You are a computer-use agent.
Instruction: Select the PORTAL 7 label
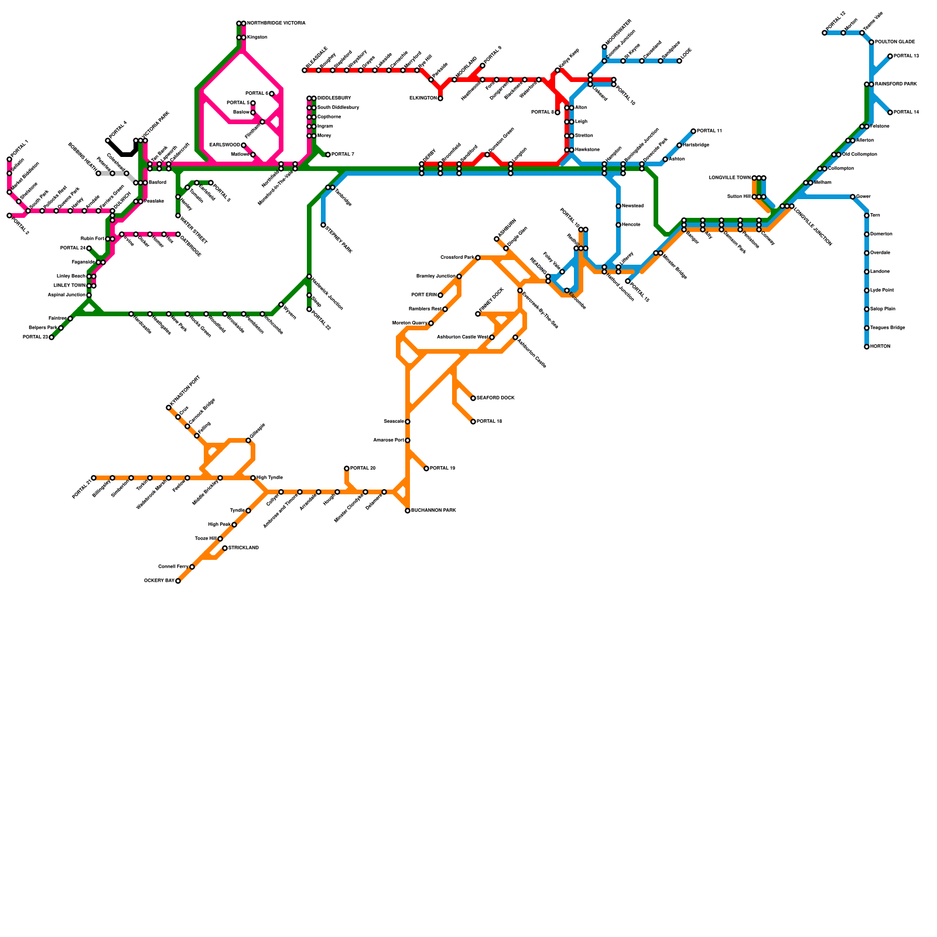click(343, 155)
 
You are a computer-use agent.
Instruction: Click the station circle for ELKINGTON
click(440, 98)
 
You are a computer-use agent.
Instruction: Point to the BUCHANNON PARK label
click(433, 511)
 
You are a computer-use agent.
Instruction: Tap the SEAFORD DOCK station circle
click(473, 398)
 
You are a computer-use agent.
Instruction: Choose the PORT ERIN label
click(424, 295)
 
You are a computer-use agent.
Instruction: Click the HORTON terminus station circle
click(867, 347)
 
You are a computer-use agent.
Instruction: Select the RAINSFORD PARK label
click(895, 84)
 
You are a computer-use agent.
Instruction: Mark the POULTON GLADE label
click(895, 42)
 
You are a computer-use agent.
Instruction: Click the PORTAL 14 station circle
click(890, 112)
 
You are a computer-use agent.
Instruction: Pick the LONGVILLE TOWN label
click(729, 177)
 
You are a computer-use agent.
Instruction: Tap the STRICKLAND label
click(244, 548)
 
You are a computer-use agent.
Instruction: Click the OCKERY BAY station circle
click(178, 581)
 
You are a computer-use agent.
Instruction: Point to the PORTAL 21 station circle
click(94, 478)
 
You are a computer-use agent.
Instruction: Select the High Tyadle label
click(270, 478)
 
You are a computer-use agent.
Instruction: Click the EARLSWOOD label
click(224, 145)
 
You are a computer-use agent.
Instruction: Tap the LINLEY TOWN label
click(70, 286)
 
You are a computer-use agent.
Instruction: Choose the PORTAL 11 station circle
click(693, 131)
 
